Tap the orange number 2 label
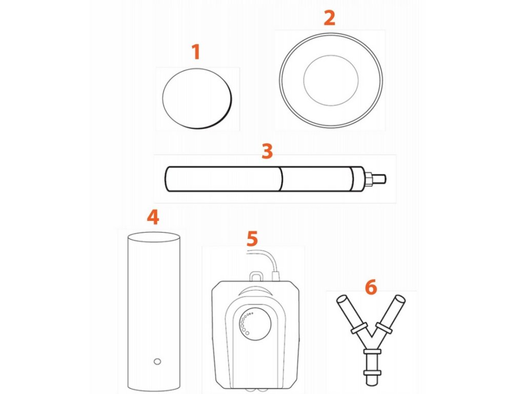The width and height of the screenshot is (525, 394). (x=330, y=18)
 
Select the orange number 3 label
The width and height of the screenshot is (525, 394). (x=267, y=151)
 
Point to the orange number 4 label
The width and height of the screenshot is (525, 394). (x=153, y=217)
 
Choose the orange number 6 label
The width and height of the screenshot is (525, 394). (x=371, y=287)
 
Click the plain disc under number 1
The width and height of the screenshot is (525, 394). (x=197, y=98)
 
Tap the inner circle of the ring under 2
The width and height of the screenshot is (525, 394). (x=331, y=81)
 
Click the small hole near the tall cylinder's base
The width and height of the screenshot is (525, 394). (x=157, y=362)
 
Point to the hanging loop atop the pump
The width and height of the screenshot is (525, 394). (x=256, y=276)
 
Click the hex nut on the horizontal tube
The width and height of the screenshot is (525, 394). (x=368, y=179)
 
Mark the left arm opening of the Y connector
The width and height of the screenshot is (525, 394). (x=342, y=299)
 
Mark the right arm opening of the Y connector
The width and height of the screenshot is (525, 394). (x=400, y=299)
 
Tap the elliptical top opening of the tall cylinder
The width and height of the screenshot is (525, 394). (x=154, y=237)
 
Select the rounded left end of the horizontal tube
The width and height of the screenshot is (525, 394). (x=168, y=179)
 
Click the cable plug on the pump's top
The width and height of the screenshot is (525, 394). (x=276, y=277)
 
